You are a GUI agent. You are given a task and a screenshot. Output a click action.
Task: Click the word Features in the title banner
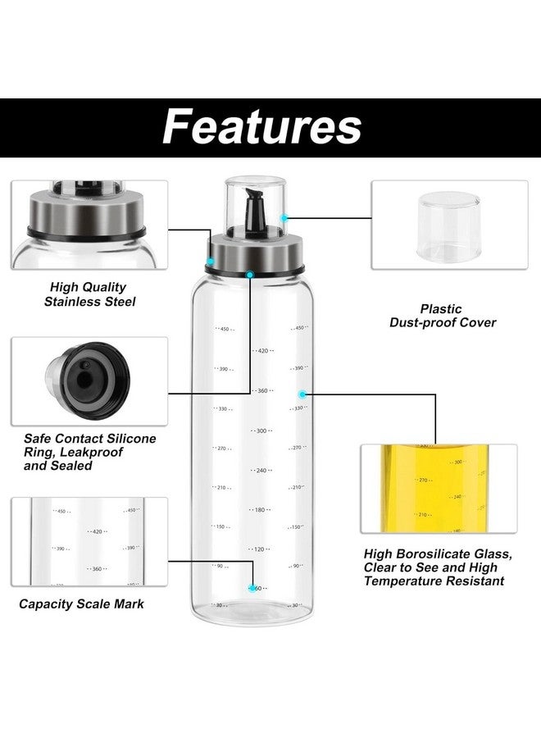point(261,126)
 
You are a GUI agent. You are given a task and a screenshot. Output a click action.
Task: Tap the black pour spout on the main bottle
point(254,216)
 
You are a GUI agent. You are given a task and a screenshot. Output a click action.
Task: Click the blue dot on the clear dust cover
point(284,217)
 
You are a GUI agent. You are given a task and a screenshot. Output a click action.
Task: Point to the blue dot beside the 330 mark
point(302,394)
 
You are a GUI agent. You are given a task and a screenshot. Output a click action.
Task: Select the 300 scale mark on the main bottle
point(261,430)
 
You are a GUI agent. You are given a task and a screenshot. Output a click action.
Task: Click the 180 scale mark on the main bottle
point(261,510)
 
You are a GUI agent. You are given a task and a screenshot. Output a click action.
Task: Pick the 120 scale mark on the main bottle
point(261,549)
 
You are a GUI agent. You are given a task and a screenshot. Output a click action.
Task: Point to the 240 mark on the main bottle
point(261,471)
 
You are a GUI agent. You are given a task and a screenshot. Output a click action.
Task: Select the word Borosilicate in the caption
point(435,554)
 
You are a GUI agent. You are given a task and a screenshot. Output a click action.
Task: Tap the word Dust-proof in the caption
point(418,323)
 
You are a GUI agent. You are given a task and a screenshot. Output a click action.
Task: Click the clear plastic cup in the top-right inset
point(443,225)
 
